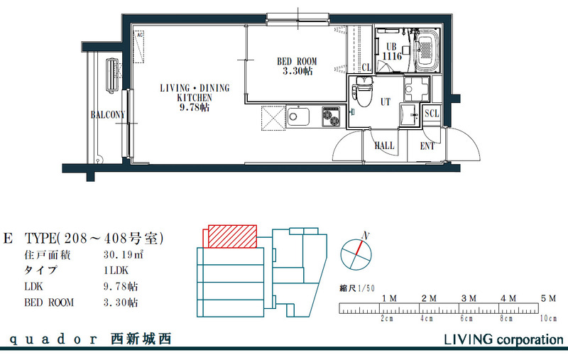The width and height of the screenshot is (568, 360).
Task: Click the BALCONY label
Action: coord(108,115)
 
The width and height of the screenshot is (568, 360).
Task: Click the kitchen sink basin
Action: coord(297,116)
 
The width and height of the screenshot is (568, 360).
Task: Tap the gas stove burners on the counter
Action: coord(332,116)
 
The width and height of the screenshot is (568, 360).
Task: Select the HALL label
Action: coord(384,146)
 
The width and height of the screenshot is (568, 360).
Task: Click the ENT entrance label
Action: coord(427,146)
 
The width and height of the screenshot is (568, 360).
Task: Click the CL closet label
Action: coord(366,67)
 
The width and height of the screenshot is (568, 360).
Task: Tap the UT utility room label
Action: coord(386,102)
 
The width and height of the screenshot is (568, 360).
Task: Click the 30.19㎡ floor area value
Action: coord(120,253)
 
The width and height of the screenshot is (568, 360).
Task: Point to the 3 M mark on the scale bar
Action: coord(468,298)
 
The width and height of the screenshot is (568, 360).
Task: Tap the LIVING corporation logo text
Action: coord(503,339)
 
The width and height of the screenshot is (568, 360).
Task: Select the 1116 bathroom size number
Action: coord(392,55)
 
